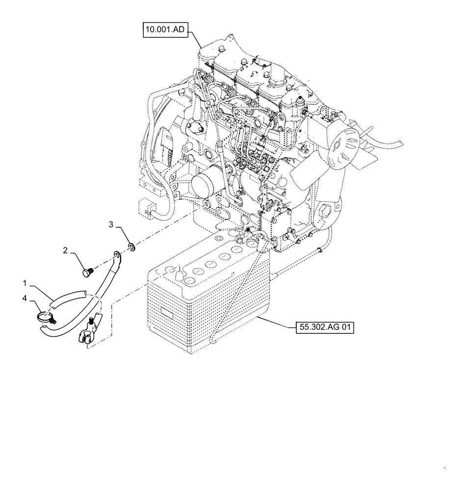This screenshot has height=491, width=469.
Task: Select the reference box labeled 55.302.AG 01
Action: click(x=324, y=327)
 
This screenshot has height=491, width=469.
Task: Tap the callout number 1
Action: click(x=25, y=284)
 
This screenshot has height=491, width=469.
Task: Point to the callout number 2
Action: click(x=65, y=251)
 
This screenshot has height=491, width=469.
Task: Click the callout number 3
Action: click(x=111, y=225)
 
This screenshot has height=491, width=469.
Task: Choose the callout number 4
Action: click(x=25, y=298)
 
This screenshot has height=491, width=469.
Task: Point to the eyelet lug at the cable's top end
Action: click(x=117, y=254)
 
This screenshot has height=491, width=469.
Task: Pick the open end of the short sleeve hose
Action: click(x=86, y=294)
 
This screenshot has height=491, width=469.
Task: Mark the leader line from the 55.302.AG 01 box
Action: click(x=277, y=323)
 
